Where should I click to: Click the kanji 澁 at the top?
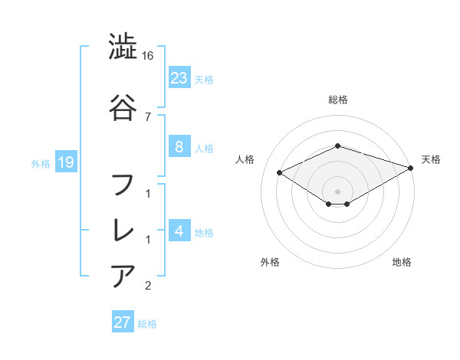pos(123,47)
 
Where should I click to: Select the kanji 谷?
pos(123,108)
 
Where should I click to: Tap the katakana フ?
pos(123,186)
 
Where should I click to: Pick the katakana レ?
pos(123,231)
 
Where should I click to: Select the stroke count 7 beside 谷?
pos(148,116)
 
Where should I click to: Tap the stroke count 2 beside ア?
pos(148,286)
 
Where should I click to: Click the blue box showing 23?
pos(179,78)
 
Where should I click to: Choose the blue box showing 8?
pos(179,148)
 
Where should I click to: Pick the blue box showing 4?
pos(179,231)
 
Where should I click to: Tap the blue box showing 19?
pos(65,162)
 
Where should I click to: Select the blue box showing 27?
pos(123,322)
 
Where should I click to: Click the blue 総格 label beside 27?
pos(147,324)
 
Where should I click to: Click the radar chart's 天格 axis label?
pos(431,159)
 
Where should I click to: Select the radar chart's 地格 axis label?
pos(402,262)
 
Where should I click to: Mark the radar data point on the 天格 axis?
pos(412,167)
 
